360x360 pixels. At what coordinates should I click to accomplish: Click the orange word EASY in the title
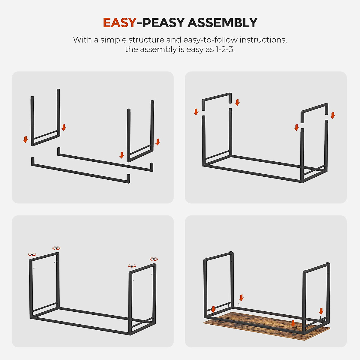click(x=119, y=23)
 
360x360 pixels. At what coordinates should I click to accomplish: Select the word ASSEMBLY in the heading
click(x=222, y=23)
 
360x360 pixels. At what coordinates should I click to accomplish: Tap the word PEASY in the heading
click(x=163, y=23)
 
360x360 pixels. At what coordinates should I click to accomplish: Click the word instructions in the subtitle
click(x=263, y=40)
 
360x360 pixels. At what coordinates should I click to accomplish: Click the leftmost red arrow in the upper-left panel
click(x=25, y=139)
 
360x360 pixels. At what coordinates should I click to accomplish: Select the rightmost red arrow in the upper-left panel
click(x=158, y=142)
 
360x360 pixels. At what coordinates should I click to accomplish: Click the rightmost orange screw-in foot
click(x=154, y=259)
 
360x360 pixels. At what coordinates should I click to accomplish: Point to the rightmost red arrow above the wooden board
click(x=321, y=311)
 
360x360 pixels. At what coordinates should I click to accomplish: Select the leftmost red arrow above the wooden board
click(x=213, y=309)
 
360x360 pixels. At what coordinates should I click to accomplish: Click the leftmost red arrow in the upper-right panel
click(x=196, y=112)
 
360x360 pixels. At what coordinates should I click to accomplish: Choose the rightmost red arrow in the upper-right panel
click(x=332, y=115)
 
